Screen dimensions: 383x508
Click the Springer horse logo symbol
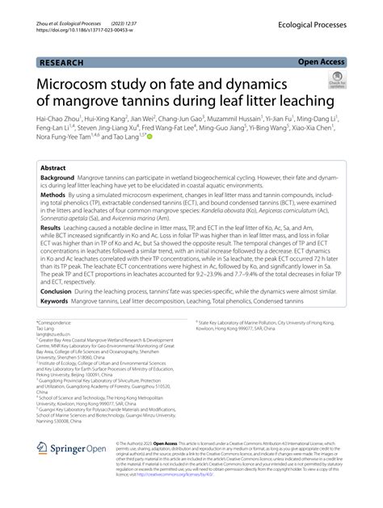tap(44, 448)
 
